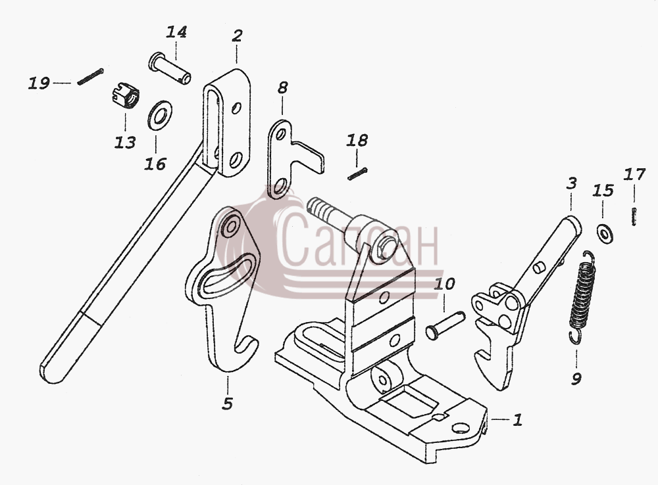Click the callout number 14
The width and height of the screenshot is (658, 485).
click(x=176, y=32)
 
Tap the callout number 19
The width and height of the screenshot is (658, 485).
click(x=39, y=83)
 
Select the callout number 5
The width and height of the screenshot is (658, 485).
click(x=227, y=404)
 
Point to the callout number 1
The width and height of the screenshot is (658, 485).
click(x=518, y=419)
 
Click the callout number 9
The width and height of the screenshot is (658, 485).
click(x=576, y=379)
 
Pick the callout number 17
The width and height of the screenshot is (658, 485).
click(x=634, y=174)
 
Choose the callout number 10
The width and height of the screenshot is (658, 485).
click(x=444, y=284)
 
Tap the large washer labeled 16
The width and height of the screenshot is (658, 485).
click(x=159, y=115)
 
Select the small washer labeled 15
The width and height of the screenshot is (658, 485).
click(x=604, y=233)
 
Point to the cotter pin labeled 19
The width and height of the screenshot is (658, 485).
click(x=90, y=77)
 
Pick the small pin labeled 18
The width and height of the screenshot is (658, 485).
click(x=357, y=174)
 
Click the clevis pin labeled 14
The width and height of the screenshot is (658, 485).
click(x=170, y=68)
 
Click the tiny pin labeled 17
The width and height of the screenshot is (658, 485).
click(x=634, y=216)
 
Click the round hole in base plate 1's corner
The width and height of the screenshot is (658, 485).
click(x=461, y=428)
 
